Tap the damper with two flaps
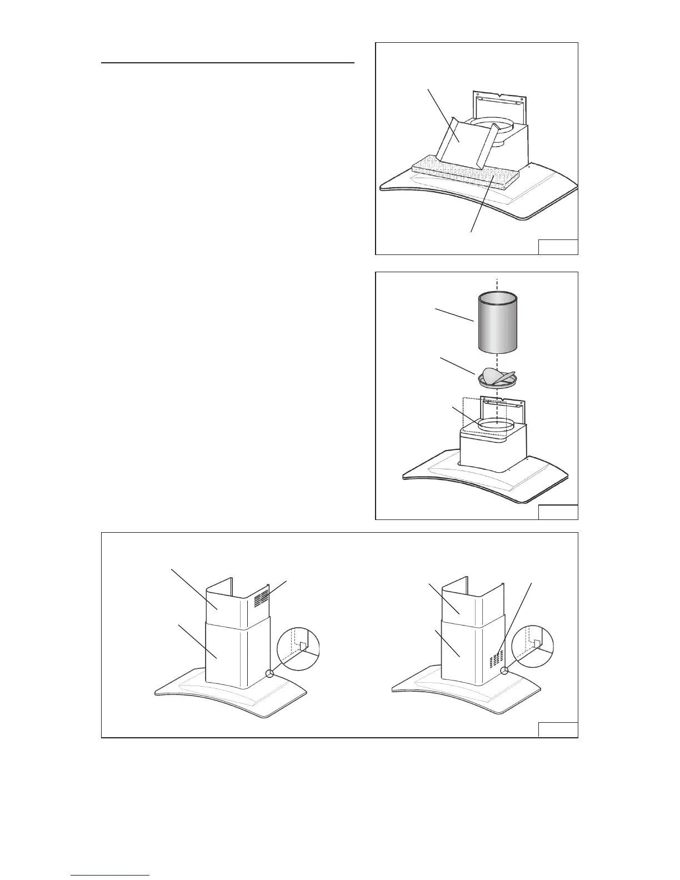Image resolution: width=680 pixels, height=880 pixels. tap(497, 377)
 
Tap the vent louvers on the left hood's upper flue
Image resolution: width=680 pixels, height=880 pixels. tap(261, 598)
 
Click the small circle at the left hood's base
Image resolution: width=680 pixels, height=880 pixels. tap(270, 673)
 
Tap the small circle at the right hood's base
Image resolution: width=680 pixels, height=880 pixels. tap(504, 671)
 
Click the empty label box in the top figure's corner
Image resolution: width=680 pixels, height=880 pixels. tap(558, 247)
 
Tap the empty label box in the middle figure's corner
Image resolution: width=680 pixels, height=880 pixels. tap(558, 512)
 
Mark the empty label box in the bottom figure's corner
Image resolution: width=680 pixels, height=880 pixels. tap(558, 729)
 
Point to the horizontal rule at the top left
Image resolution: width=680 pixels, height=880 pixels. tap(228, 63)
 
